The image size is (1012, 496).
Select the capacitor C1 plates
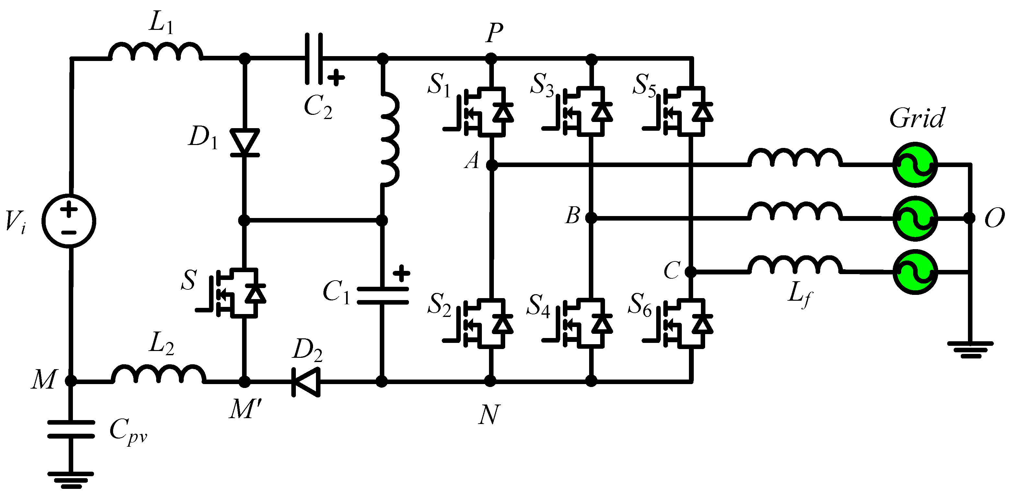click(x=382, y=296)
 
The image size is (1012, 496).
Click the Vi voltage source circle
click(x=69, y=221)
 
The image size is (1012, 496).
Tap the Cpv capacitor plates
click(x=71, y=429)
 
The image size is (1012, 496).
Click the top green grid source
click(x=915, y=165)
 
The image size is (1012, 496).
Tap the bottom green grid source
click(x=915, y=272)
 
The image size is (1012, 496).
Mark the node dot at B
click(x=591, y=218)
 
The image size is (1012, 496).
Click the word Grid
click(x=916, y=118)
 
